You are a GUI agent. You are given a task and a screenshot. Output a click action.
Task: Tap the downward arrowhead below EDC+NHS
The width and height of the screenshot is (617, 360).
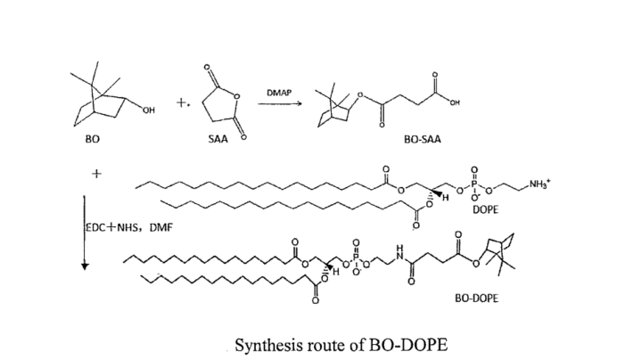pos(84,266)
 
